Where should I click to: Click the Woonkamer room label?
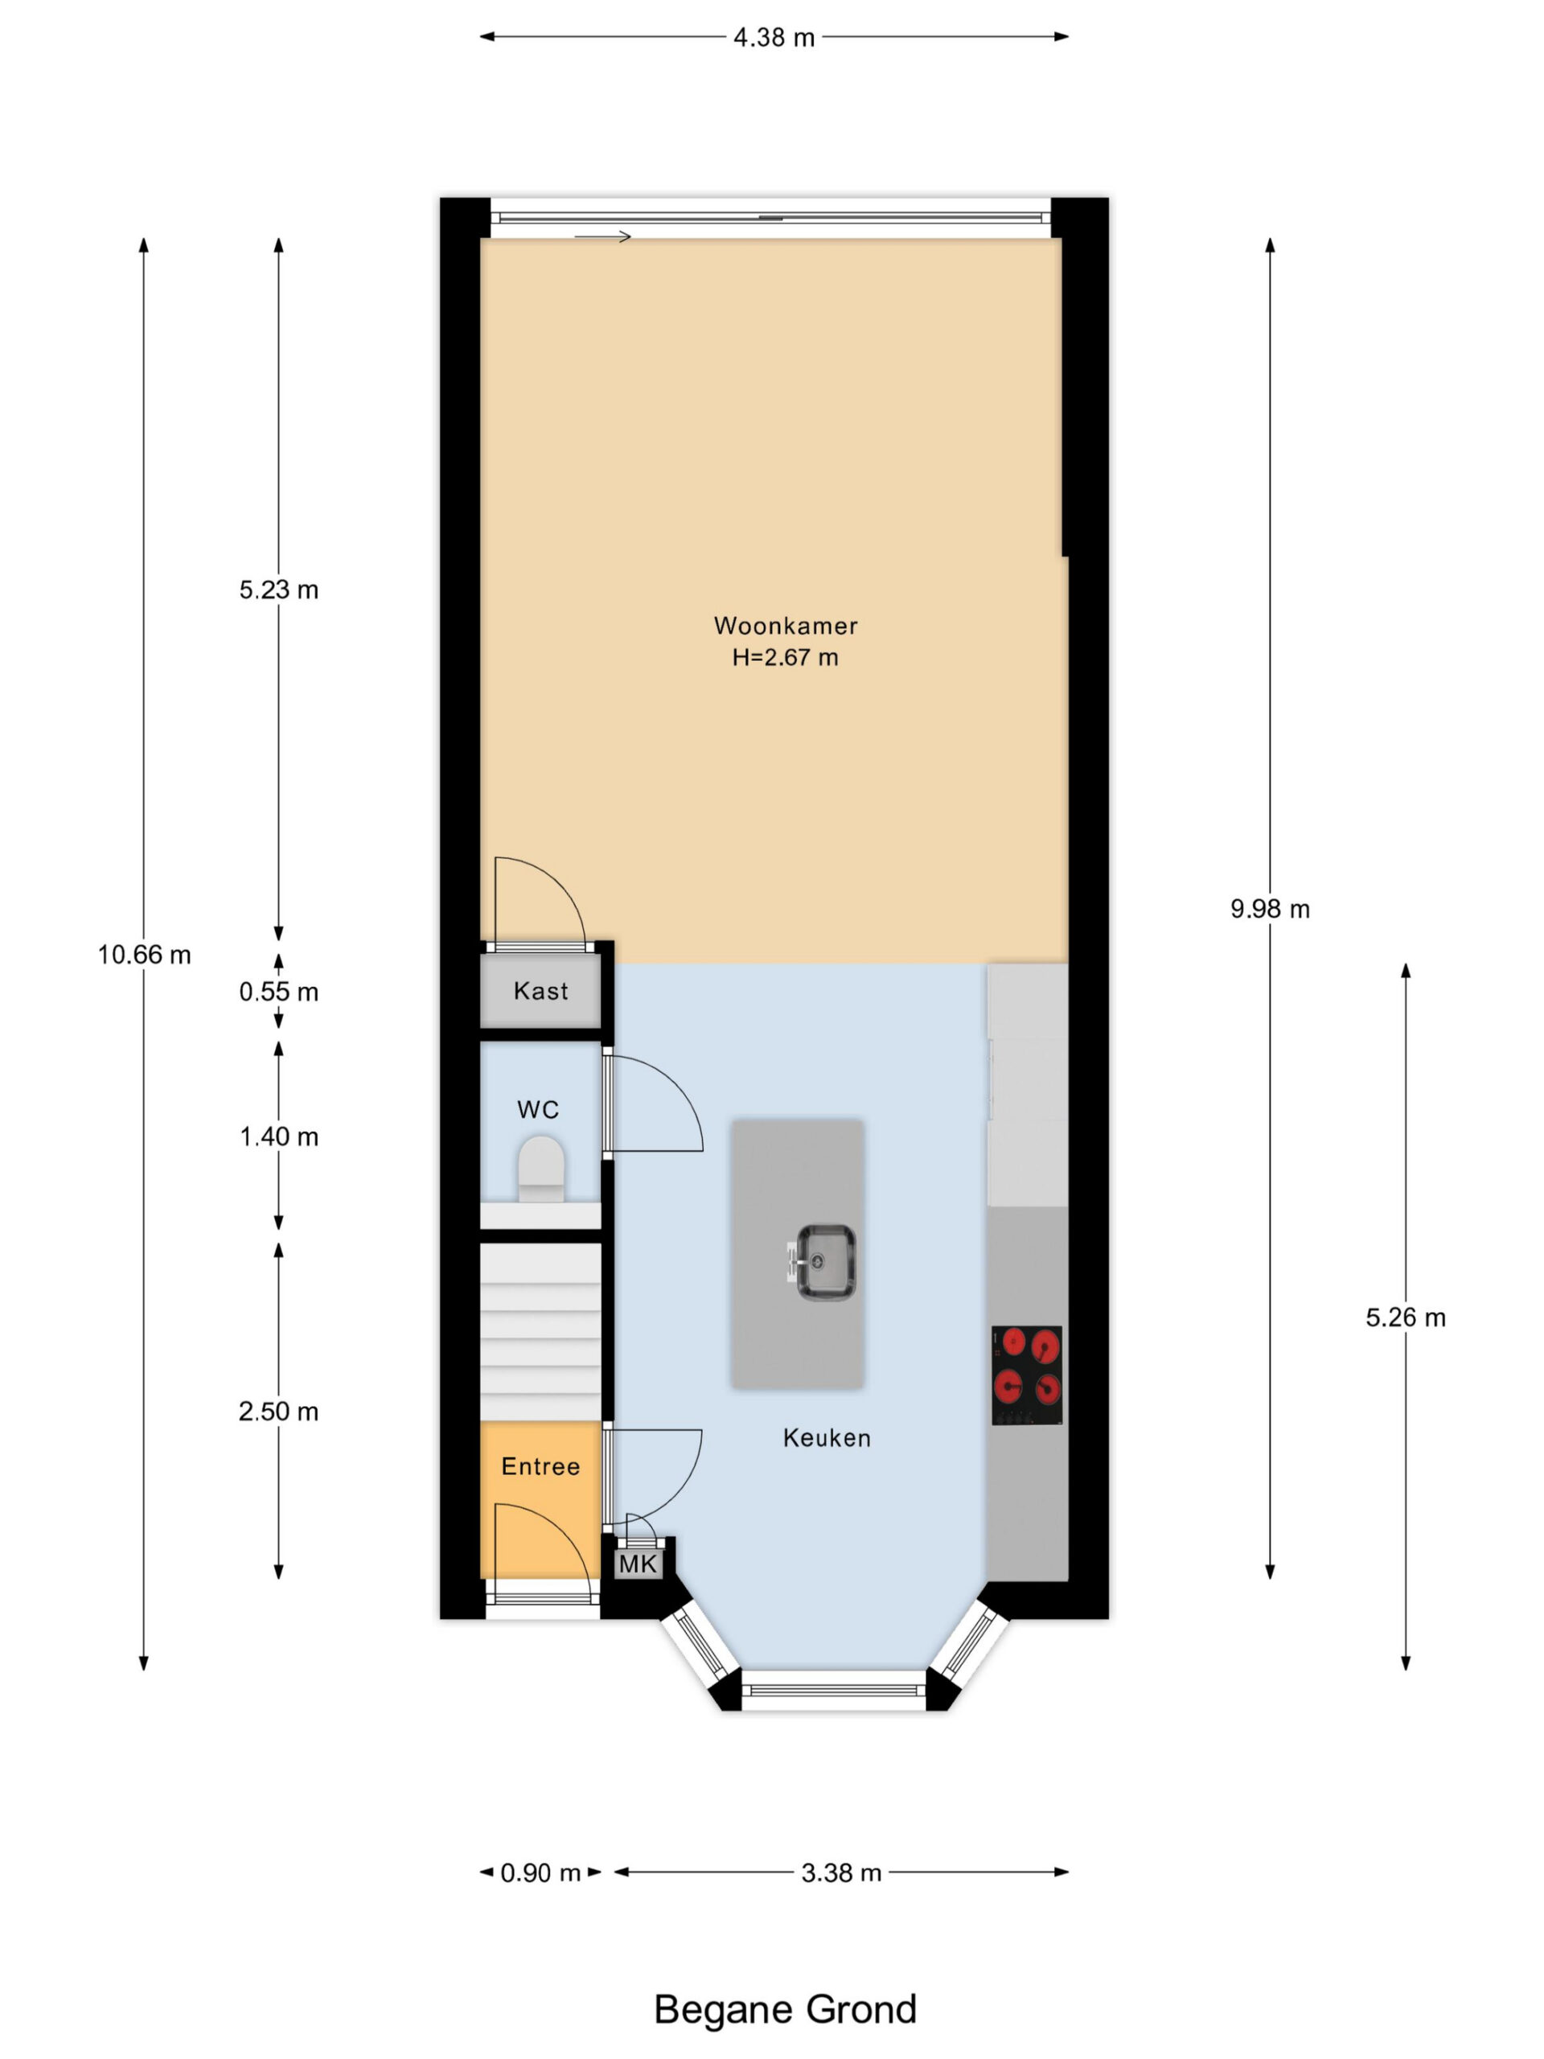(x=785, y=626)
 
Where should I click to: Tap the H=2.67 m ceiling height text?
(x=785, y=657)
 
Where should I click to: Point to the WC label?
(x=538, y=1110)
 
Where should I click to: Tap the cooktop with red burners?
(x=1027, y=1375)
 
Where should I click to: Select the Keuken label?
(x=827, y=1438)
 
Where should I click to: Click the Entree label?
(x=540, y=1467)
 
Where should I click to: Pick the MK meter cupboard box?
(x=638, y=1564)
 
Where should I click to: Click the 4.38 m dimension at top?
(x=774, y=37)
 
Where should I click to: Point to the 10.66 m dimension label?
(x=144, y=954)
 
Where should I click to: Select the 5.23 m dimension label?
(x=278, y=590)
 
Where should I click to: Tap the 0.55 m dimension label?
(x=278, y=992)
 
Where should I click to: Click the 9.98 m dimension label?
(x=1270, y=909)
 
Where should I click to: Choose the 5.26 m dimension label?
(x=1406, y=1317)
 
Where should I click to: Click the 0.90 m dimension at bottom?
(x=540, y=1873)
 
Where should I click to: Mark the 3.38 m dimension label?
(x=840, y=1873)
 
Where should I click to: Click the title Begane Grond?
(x=785, y=2010)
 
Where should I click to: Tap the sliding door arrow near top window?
(x=602, y=236)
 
